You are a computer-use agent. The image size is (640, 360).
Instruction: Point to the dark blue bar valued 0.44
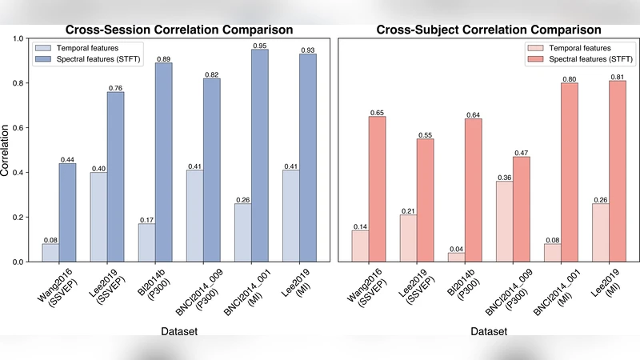[68, 212]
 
